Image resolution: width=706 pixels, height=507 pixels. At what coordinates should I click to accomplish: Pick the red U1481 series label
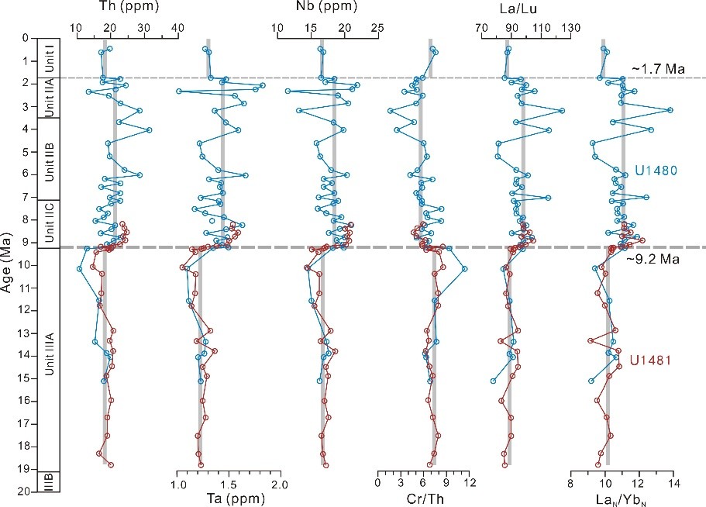[x=649, y=359]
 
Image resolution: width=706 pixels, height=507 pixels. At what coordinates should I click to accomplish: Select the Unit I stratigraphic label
[x=50, y=58]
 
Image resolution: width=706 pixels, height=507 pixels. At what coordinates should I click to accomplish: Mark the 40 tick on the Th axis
[x=177, y=27]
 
